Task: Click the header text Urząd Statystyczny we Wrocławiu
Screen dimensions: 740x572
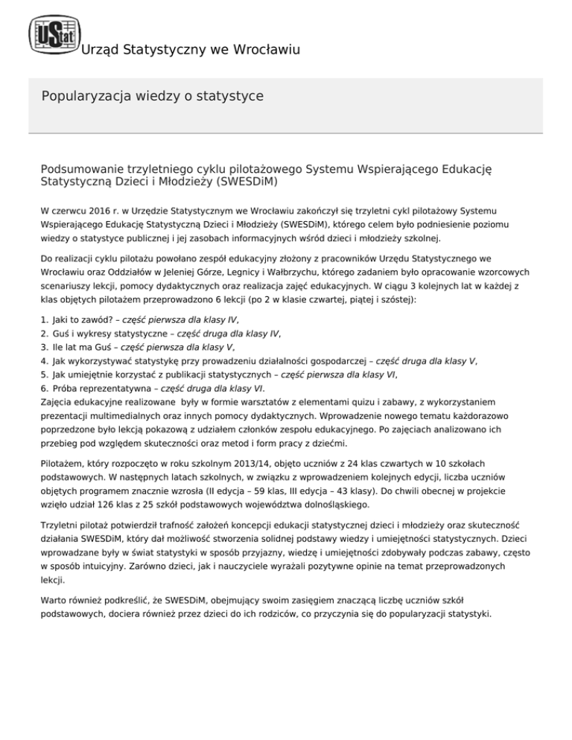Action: click(x=189, y=51)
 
